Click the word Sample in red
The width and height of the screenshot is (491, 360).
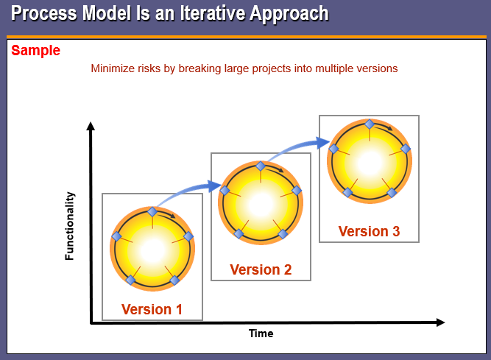point(35,51)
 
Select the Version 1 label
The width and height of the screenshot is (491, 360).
point(152,309)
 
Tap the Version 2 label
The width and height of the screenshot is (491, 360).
point(261,269)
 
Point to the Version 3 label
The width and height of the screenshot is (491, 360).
point(369,231)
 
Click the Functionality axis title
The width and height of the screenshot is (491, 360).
point(70,226)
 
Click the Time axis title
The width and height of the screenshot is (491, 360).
point(261,333)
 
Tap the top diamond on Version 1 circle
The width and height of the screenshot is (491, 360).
point(152,212)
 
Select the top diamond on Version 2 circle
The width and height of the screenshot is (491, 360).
point(261,166)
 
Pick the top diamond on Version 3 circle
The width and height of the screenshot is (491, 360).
point(370,124)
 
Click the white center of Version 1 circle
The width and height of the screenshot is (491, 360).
point(152,250)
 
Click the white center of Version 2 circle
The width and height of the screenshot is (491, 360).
point(261,203)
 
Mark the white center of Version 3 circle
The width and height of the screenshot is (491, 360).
point(370,161)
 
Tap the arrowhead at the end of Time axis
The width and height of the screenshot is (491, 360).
point(440,322)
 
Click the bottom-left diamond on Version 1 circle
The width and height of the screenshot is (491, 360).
point(130,280)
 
